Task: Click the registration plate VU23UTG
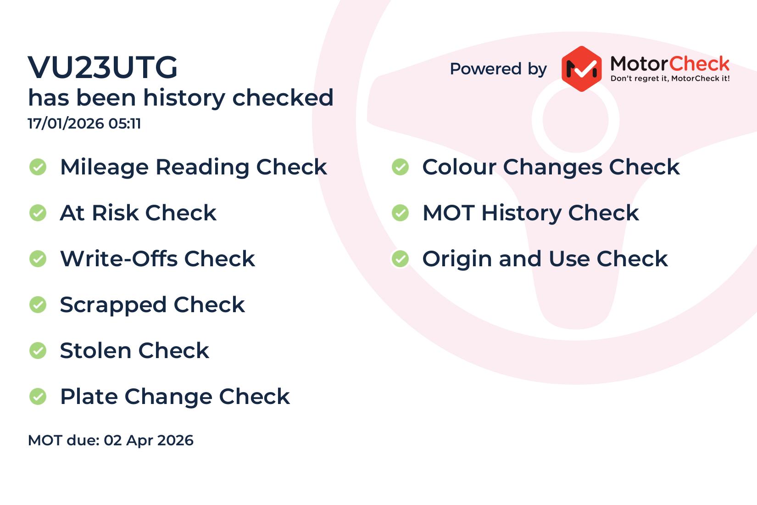[102, 67]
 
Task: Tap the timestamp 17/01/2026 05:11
[84, 123]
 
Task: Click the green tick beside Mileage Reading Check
[38, 167]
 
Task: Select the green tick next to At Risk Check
[38, 213]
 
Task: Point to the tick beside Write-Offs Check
[38, 259]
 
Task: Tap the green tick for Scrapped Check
[38, 305]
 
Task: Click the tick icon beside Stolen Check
[38, 350]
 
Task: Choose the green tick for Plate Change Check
[38, 396]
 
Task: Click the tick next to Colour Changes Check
[401, 167]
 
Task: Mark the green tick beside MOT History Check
[401, 213]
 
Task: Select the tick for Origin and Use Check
[401, 259]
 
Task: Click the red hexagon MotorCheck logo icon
[581, 69]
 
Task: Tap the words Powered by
[498, 69]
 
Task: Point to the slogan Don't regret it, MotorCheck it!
[670, 79]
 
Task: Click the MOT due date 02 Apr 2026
[148, 440]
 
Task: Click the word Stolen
[95, 350]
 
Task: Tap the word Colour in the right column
[459, 167]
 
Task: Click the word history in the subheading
[184, 98]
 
